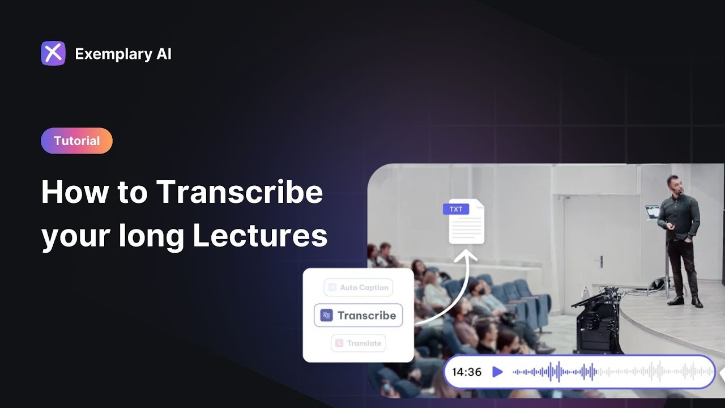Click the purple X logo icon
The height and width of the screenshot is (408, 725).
(53, 53)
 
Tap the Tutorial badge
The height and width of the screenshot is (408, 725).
(76, 141)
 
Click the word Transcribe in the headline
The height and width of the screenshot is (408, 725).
(240, 193)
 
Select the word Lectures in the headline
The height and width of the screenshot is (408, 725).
(260, 235)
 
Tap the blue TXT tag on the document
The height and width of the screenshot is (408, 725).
(456, 209)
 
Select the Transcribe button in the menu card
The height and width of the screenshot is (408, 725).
(359, 316)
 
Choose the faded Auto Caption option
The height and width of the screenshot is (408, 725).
(359, 287)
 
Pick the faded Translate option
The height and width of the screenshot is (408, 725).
(359, 343)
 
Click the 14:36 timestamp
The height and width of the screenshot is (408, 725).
(467, 372)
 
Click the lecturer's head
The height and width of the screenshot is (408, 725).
(673, 185)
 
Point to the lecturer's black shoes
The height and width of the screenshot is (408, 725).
(686, 301)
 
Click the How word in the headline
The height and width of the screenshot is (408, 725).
(74, 193)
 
